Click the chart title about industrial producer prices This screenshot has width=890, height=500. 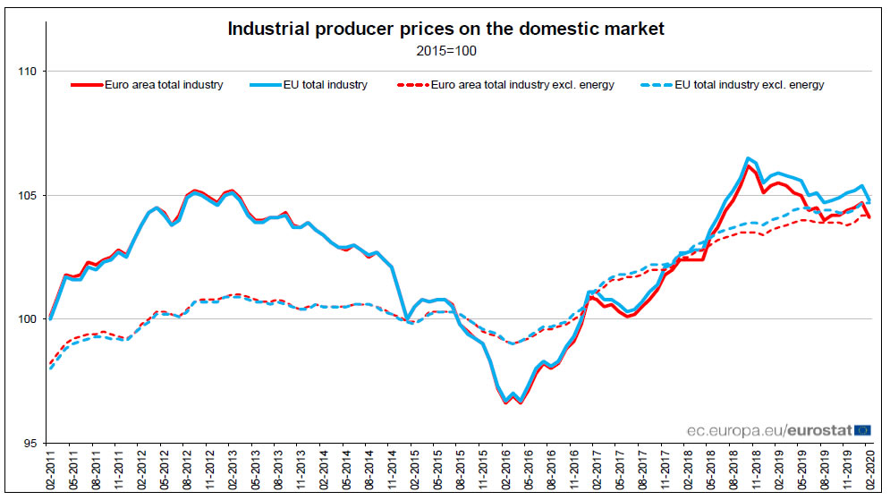coord(446,29)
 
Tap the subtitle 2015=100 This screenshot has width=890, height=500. coord(446,50)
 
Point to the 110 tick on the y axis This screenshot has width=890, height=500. coord(29,72)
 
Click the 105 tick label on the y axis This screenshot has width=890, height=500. coord(29,195)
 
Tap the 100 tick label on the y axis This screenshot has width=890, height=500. coord(29,319)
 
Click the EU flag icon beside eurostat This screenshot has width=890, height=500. coord(863,430)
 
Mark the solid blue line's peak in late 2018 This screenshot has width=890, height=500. coord(748,158)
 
